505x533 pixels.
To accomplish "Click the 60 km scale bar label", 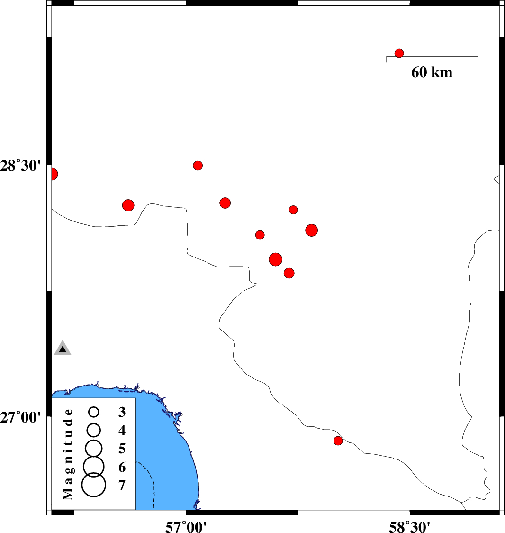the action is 432,73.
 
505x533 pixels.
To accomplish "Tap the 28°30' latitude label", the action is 20,166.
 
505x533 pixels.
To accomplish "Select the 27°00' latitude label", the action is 20,417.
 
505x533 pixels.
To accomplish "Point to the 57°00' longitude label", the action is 186,527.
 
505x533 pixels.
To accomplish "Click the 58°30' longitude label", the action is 409,527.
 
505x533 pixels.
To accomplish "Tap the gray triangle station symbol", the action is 63,348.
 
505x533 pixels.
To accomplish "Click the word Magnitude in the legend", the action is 68,454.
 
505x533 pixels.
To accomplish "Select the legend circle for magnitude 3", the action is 94,412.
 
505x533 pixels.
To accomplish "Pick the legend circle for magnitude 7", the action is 94,485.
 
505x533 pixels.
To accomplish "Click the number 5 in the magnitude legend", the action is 122,449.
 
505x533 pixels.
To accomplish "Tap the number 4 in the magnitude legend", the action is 122,431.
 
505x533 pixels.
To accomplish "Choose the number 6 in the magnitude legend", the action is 122,468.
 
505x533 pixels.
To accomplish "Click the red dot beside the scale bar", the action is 399,54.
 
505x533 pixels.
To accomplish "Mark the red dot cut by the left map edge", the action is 53,174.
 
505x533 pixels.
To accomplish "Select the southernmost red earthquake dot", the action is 338,441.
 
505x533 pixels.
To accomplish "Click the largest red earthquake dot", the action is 275,259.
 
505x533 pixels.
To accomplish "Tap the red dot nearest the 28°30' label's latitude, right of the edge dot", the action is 198,165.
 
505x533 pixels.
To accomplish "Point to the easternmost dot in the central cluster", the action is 311,230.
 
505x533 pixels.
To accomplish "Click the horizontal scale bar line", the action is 432,57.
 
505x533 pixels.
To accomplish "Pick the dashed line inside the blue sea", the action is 149,483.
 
